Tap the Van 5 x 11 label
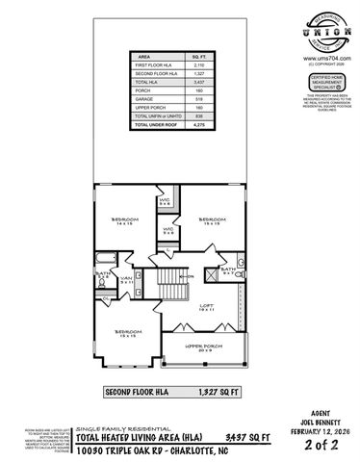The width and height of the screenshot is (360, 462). tap(125, 280)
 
